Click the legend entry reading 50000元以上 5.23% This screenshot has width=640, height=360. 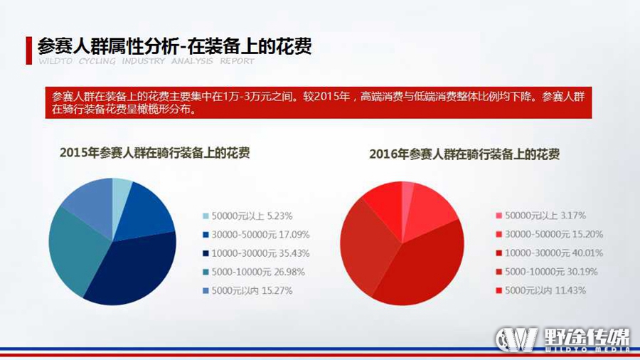click(247, 216)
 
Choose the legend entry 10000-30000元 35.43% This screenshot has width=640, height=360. click(256, 253)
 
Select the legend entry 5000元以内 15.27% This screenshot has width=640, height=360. click(247, 290)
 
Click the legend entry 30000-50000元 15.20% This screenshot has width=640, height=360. click(550, 234)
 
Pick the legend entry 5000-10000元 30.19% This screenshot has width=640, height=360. click(547, 272)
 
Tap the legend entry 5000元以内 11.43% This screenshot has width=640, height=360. click(541, 290)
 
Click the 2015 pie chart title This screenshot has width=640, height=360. click(155, 153)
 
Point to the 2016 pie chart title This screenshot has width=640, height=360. click(464, 154)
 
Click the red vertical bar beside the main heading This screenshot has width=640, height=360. click(28, 51)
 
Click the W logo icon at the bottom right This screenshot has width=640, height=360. click(516, 339)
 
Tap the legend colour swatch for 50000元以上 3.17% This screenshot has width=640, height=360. click(498, 216)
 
